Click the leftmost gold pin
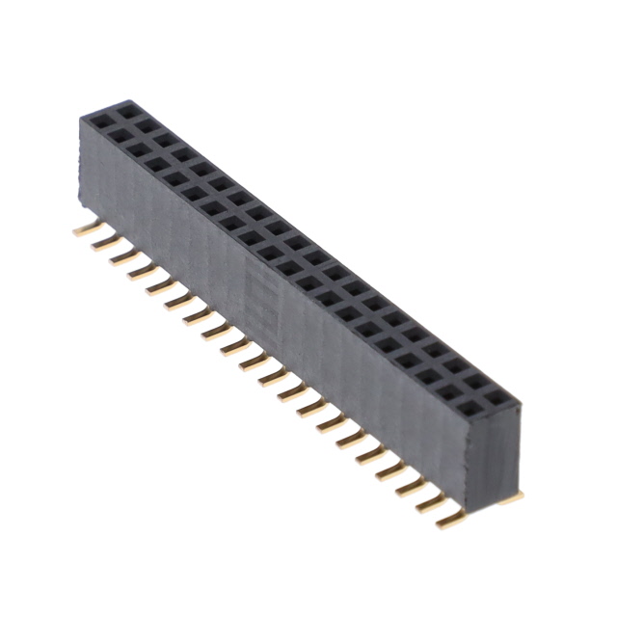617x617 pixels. (84, 230)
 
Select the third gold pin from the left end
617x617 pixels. (121, 256)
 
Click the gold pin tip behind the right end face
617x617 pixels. (515, 496)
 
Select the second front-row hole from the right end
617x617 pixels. (449, 392)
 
